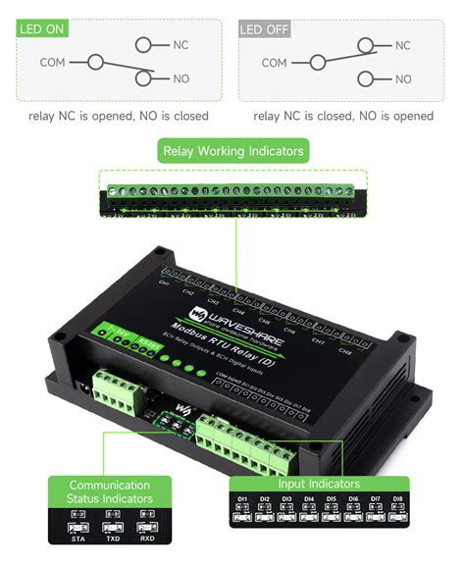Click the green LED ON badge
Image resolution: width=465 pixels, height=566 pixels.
pos(42,29)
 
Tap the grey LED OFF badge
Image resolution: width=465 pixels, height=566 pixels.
pos(266,29)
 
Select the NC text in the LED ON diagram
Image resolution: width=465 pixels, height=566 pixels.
pos(181,45)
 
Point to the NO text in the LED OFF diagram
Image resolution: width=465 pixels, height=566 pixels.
pos(403,78)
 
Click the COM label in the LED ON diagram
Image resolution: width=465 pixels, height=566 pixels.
pos(54,62)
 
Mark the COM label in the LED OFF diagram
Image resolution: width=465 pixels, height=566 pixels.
pos(275,63)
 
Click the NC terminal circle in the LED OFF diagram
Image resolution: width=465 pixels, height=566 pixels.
pos(367,45)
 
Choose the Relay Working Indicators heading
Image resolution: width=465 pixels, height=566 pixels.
pos(232,151)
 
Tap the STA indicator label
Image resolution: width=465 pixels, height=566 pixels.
pos(77,539)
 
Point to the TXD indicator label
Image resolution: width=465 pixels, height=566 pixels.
pos(112,539)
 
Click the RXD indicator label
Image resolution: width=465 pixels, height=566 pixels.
pos(146,539)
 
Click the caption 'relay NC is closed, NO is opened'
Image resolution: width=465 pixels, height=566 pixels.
pos(342,116)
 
